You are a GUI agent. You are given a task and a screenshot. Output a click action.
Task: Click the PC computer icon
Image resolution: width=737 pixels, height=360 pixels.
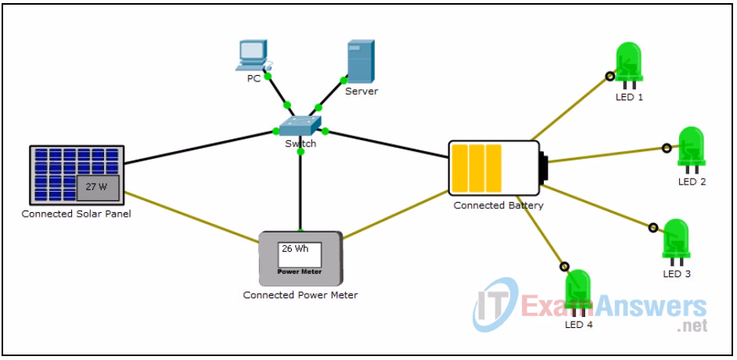[253, 54]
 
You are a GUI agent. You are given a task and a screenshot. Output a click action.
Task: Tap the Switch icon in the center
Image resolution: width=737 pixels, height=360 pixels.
[300, 126]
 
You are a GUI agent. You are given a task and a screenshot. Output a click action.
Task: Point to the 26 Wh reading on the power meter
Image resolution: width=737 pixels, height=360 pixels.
[295, 250]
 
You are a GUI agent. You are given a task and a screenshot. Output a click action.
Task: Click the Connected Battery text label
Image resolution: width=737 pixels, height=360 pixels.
[498, 206]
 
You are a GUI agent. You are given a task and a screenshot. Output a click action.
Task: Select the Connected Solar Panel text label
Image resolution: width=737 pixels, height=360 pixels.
[76, 214]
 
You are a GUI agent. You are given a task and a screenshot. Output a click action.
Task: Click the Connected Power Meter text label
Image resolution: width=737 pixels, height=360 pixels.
[300, 295]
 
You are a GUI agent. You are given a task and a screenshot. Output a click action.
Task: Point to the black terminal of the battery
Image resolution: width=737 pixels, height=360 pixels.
[542, 167]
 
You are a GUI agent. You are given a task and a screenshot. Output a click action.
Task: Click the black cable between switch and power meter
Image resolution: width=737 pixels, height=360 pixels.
[300, 192]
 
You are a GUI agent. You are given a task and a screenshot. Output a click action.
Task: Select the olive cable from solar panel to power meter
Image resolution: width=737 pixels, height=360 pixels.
[192, 213]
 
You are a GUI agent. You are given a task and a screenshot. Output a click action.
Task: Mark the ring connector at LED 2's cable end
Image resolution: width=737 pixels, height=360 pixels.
[667, 147]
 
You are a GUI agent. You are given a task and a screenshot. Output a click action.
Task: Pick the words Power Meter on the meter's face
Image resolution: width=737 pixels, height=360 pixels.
[300, 272]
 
